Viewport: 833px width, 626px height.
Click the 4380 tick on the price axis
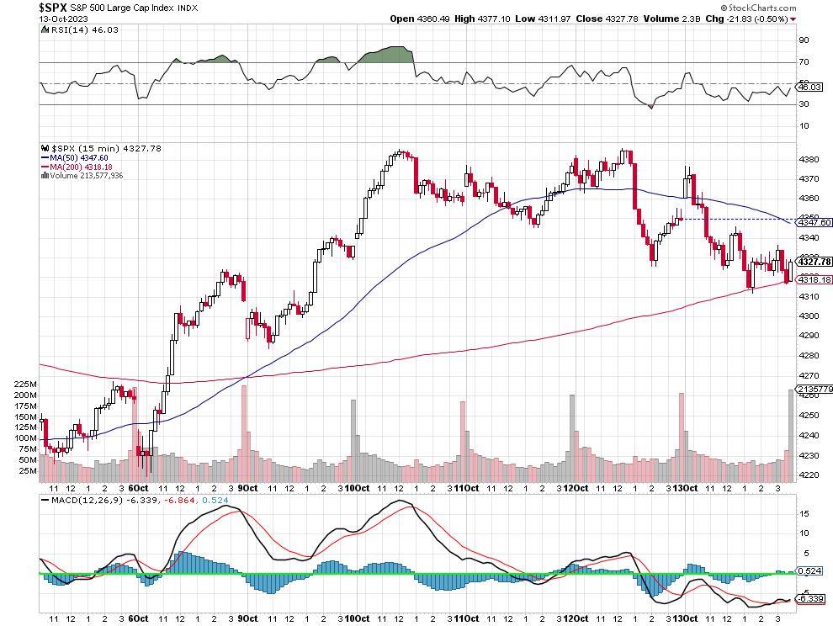click(x=809, y=159)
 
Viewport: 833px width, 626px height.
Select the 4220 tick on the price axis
click(x=809, y=475)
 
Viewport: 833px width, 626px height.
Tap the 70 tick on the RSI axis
click(x=804, y=62)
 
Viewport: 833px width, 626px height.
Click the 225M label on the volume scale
click(x=25, y=385)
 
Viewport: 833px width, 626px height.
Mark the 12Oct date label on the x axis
click(x=576, y=488)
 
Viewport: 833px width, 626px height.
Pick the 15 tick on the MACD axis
click(x=804, y=513)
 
